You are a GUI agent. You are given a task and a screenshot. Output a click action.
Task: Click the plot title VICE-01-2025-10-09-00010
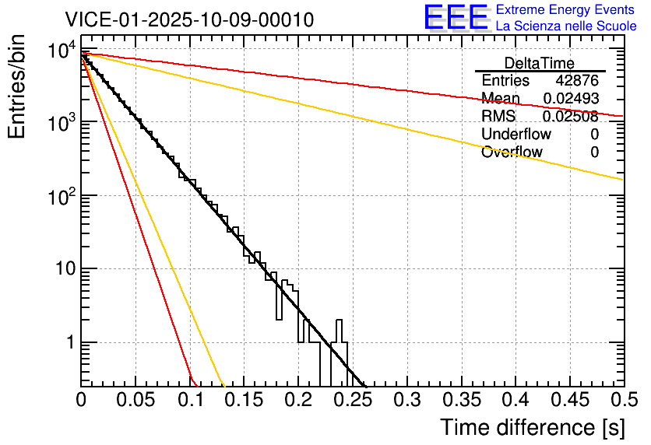click(189, 19)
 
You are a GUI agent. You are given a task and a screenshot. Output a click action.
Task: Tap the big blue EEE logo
click(456, 18)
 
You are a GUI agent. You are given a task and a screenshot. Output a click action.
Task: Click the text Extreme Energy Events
click(566, 9)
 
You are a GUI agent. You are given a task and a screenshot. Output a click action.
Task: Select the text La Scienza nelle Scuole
click(566, 26)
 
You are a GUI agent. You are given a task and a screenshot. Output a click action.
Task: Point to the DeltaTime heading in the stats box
click(540, 63)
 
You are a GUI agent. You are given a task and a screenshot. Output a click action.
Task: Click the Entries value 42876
click(577, 81)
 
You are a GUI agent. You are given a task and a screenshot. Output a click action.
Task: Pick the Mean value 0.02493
click(570, 99)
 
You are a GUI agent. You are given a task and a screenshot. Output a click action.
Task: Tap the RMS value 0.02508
click(570, 117)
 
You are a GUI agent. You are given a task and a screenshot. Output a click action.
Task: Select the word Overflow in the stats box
click(512, 152)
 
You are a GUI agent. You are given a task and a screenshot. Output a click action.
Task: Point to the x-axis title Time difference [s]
click(532, 427)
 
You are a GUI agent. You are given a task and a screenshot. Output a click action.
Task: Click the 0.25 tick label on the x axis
click(353, 401)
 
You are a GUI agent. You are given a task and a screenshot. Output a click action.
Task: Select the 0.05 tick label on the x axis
click(135, 401)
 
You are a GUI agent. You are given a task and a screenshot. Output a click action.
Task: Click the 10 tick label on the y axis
click(61, 269)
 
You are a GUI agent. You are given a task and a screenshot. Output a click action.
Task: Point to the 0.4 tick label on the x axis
click(516, 401)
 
